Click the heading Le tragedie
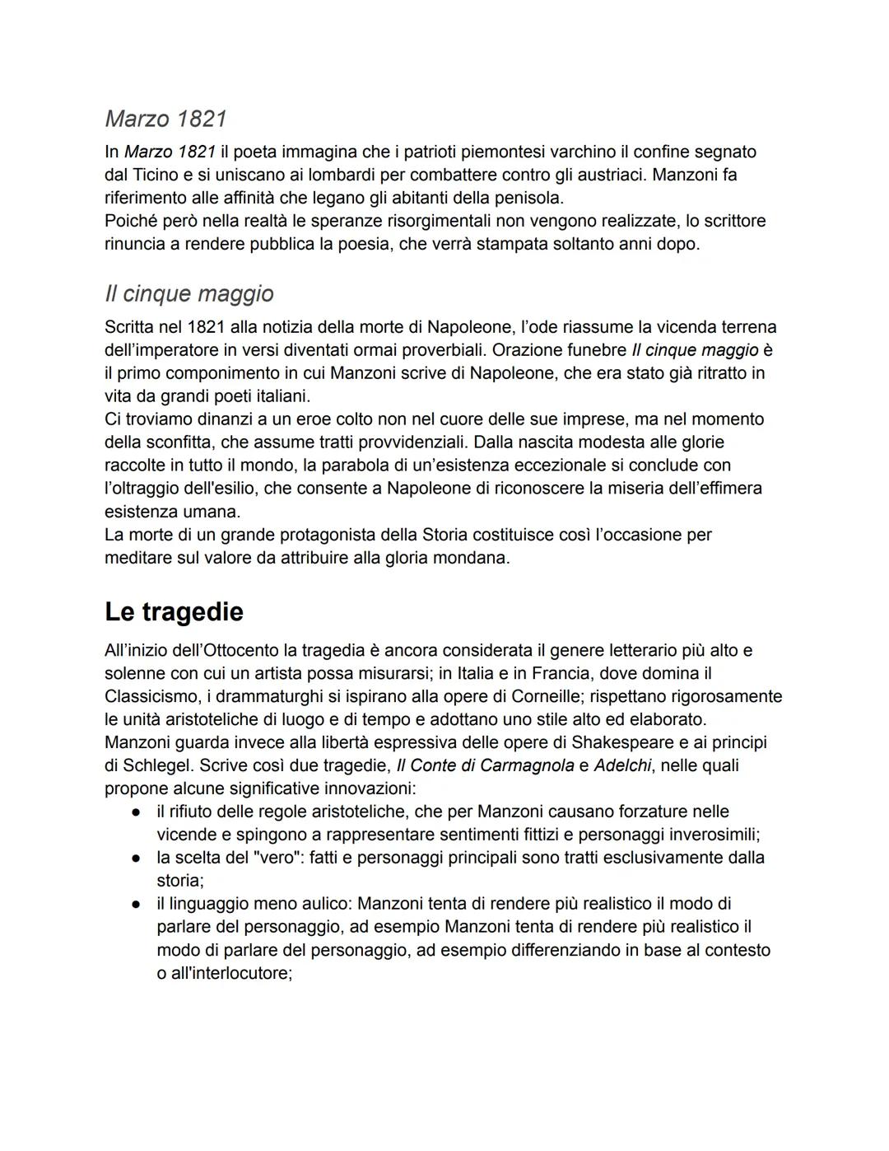174,612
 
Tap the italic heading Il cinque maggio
189,293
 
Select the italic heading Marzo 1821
165,119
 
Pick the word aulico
323,904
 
